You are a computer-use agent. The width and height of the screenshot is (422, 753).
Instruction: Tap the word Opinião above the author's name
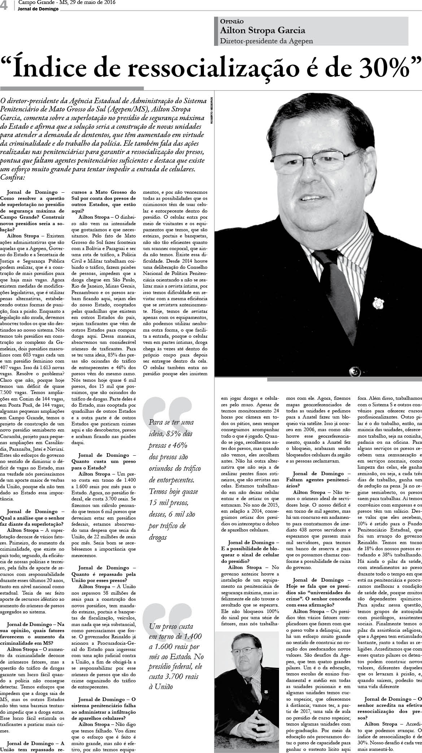[x=232, y=22]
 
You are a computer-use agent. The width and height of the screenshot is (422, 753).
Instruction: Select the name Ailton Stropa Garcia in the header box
[x=262, y=31]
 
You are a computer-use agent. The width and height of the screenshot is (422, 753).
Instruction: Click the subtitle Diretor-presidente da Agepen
[x=266, y=41]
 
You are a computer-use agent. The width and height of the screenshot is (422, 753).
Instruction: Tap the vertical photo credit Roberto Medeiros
[x=212, y=110]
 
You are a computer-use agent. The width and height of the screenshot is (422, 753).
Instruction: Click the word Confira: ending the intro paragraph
[x=13, y=177]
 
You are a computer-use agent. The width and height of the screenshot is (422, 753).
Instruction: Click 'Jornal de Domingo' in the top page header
[x=38, y=9]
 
